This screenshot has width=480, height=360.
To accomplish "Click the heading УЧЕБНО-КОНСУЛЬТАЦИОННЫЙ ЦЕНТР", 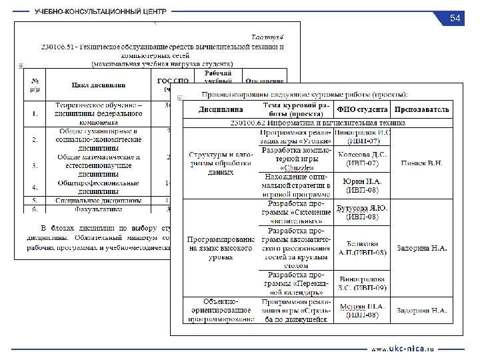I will tap(101, 13).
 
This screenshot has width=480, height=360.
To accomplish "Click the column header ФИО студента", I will tap(363, 108).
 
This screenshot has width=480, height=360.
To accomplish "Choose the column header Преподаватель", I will tap(421, 108).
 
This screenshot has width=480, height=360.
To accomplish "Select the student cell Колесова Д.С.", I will tap(363, 159).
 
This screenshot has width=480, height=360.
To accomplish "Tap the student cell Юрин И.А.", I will tap(363, 185).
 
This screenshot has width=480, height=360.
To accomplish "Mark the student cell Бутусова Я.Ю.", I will tap(363, 212).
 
